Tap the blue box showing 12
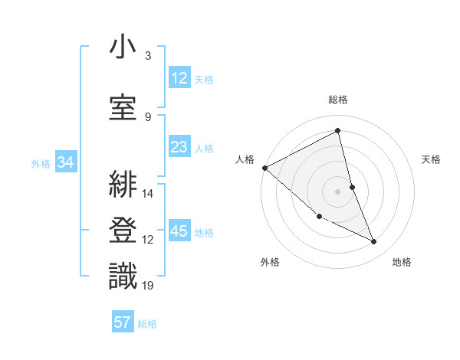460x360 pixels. point(179,78)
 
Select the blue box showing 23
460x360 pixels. point(179,147)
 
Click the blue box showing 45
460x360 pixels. point(179,231)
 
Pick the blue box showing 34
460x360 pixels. point(65,162)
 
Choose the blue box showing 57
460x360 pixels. point(123,322)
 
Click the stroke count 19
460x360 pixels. point(148,286)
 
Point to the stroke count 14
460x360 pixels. point(148,194)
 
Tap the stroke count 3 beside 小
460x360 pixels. point(148,56)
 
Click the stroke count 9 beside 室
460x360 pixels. point(148,116)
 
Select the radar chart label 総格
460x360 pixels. point(338,100)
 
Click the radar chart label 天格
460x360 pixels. point(431,159)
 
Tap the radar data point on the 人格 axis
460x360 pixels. point(264,168)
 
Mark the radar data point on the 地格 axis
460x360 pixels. point(374,242)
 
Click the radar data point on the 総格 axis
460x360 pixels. point(338,131)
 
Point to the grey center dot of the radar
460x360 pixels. point(338,191)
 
